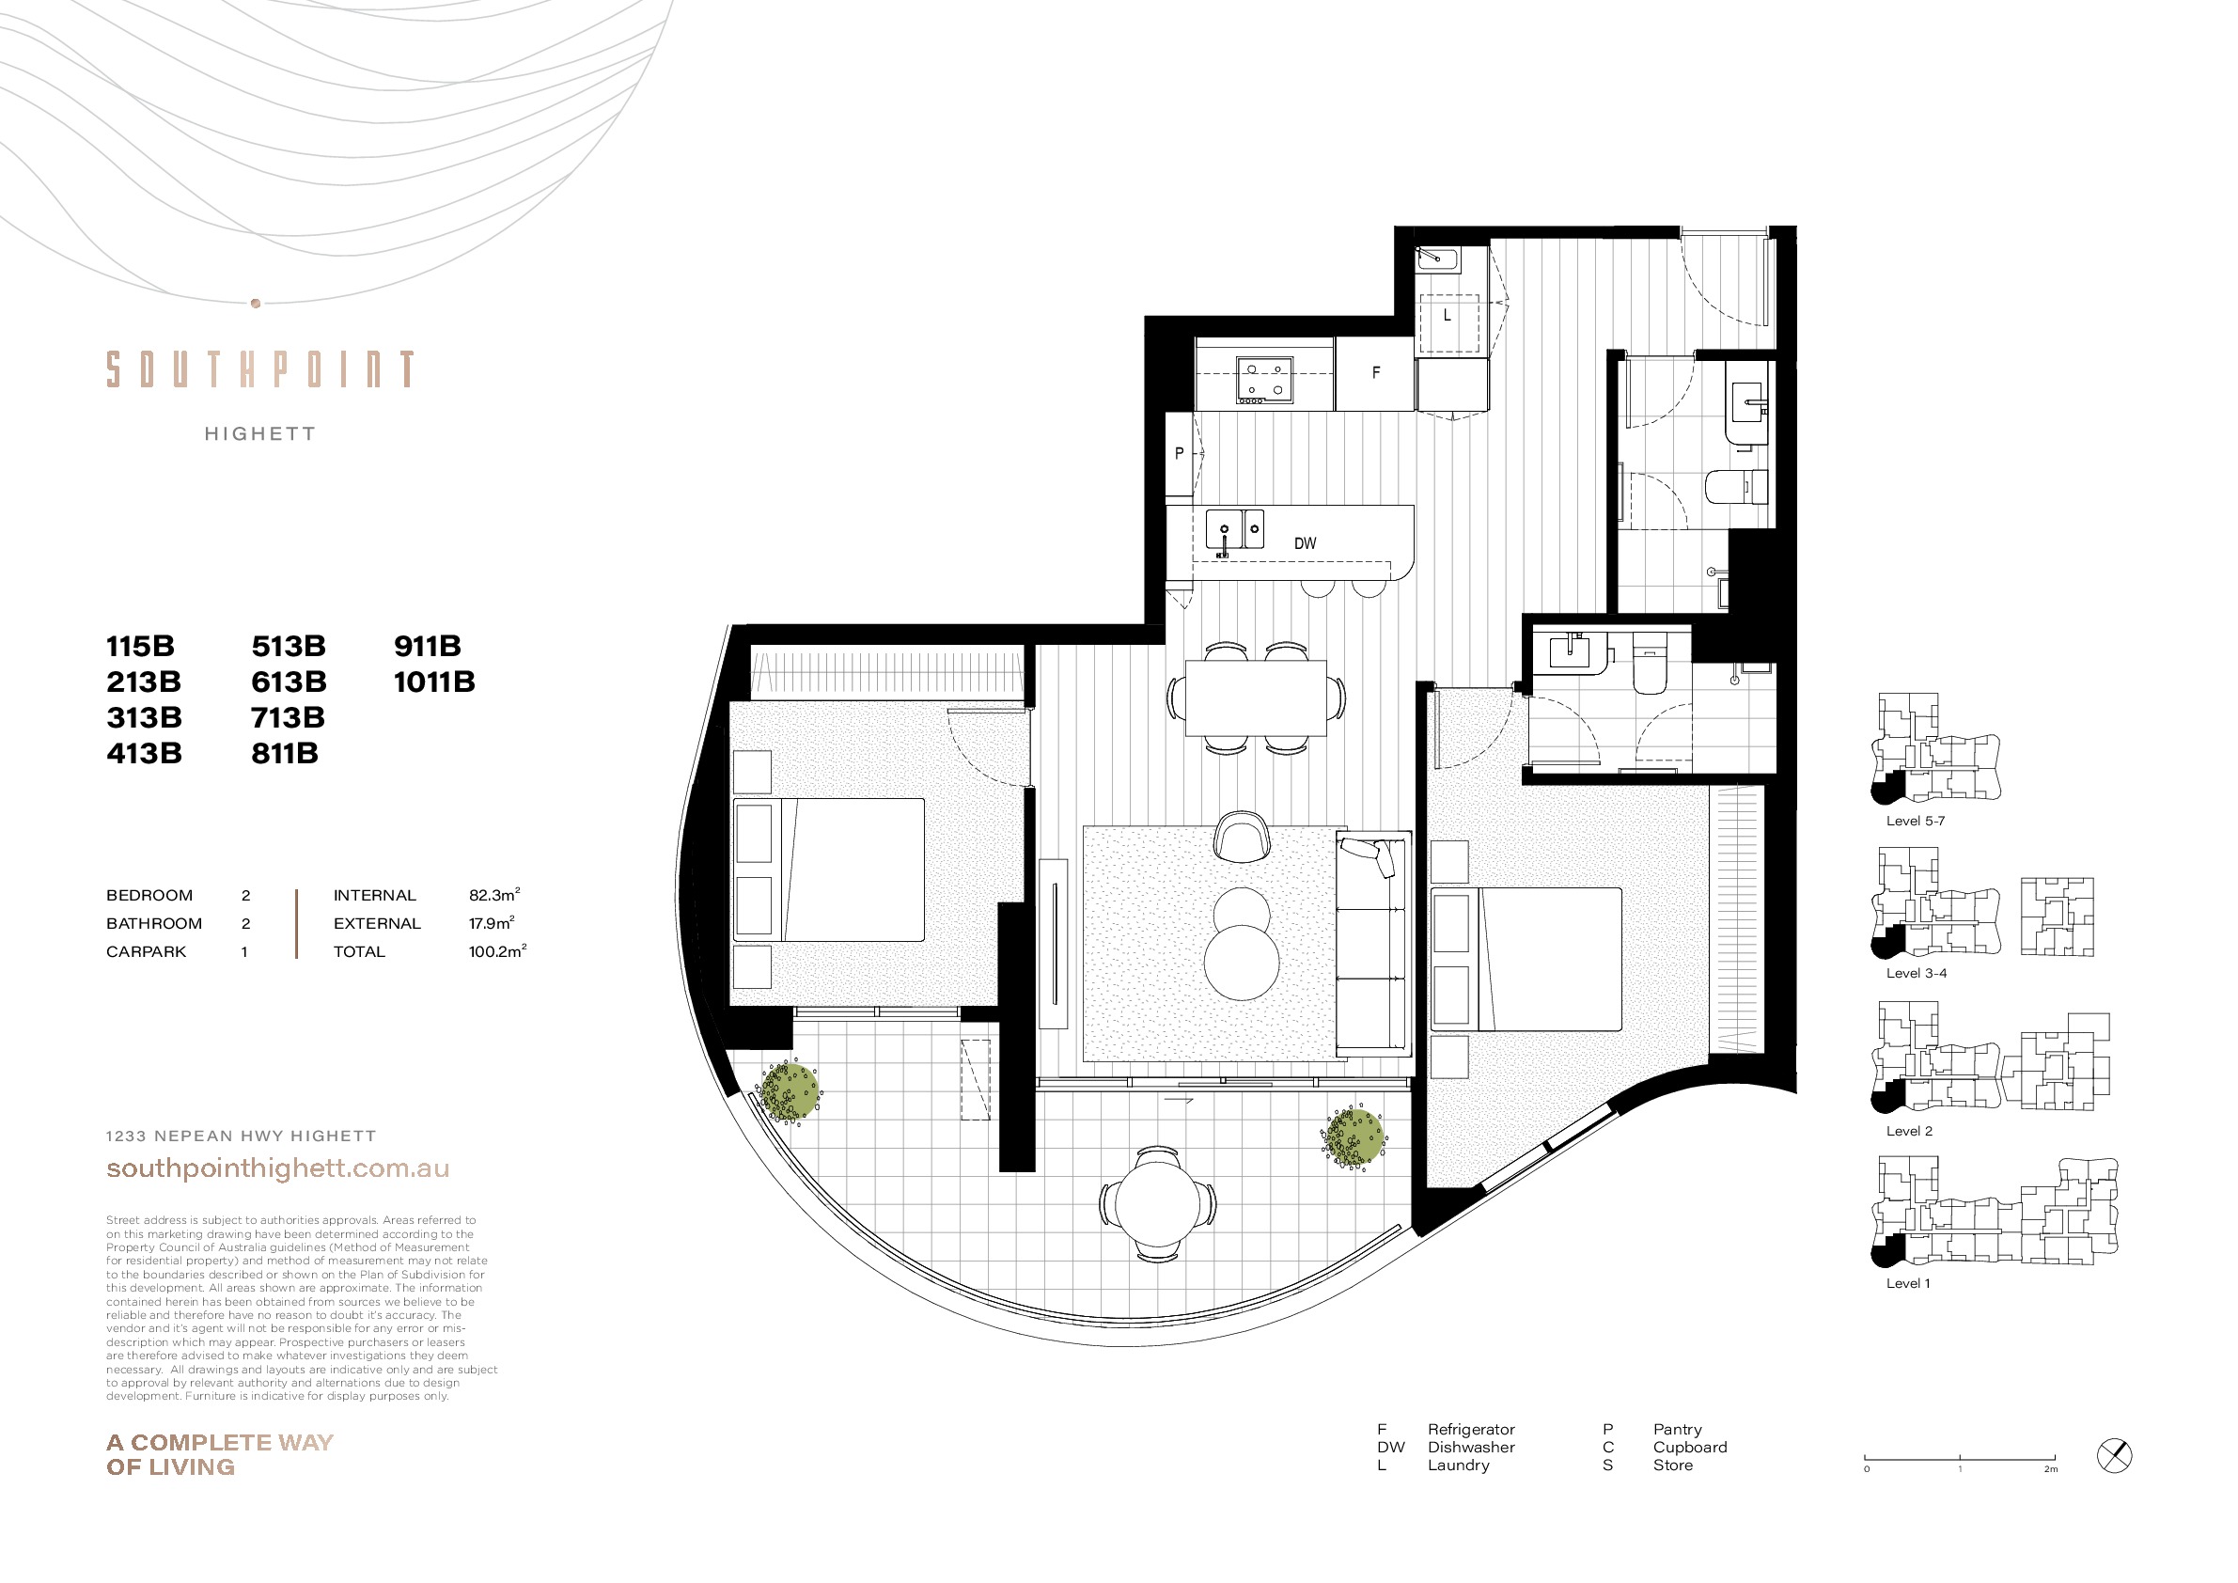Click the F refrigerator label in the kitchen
point(1375,372)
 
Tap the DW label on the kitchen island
point(1306,544)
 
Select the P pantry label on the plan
point(1180,453)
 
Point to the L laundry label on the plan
point(1448,316)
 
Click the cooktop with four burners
point(1264,380)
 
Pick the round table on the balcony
point(1158,1205)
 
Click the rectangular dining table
point(1256,697)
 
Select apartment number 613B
point(289,682)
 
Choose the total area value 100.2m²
point(497,951)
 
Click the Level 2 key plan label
point(1908,1131)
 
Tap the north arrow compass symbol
point(2114,1456)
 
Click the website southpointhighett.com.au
point(278,1168)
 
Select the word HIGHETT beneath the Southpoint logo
point(260,433)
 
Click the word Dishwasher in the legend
point(1471,1448)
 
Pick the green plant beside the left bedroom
point(790,1091)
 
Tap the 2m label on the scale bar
point(2051,1469)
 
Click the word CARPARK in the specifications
point(147,951)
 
